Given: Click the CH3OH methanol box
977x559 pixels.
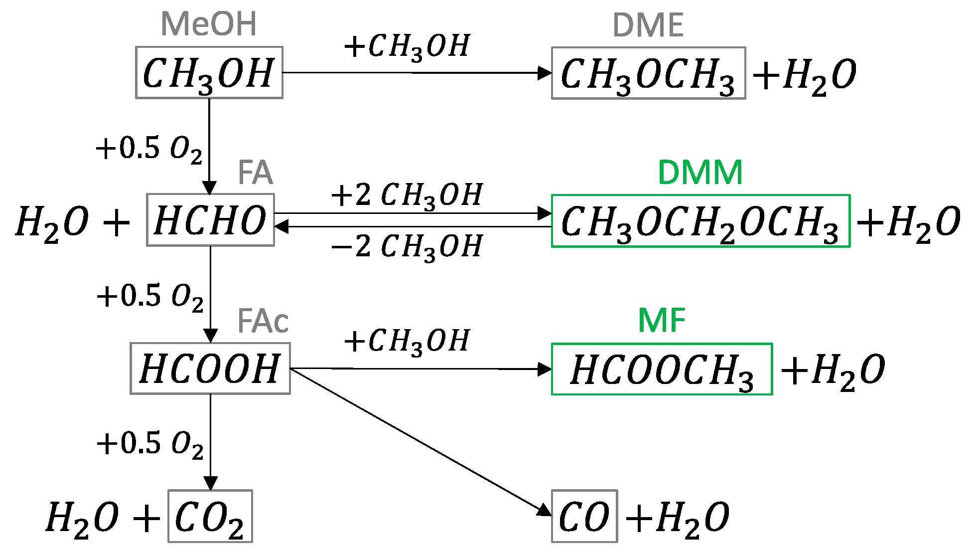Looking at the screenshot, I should coord(209,73).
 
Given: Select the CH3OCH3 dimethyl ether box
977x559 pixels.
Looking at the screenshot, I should coord(648,73).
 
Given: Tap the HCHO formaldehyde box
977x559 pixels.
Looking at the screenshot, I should coord(210,220).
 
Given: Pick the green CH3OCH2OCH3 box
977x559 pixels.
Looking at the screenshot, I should coord(700,221).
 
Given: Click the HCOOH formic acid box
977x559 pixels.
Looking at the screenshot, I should coord(210,369).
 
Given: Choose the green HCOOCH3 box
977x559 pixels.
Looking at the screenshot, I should coord(662,369).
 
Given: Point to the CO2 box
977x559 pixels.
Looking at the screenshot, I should coord(210,516).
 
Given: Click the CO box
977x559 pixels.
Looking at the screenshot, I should coord(584,516).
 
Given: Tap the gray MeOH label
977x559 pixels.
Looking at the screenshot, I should coord(209,24).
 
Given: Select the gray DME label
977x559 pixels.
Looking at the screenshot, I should coord(648,25).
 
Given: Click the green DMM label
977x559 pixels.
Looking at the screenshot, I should coord(700,173).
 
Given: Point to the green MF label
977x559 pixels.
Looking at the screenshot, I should coord(662,320).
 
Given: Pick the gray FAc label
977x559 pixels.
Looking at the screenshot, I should coord(263,321).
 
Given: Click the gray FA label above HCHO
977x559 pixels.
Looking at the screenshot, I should coord(255,173).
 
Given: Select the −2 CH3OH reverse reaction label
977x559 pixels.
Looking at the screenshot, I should coord(407,246).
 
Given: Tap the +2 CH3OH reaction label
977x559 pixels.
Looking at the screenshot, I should coord(407,194).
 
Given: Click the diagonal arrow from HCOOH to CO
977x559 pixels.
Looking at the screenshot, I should coord(419,440).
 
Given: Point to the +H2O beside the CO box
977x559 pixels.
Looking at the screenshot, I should coord(678,518).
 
